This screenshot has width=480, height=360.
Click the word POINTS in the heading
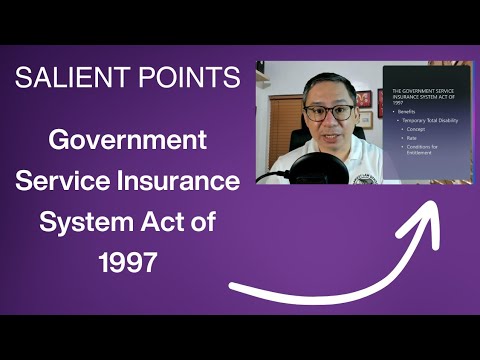tap(189, 77)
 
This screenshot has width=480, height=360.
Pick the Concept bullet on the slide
tap(417, 130)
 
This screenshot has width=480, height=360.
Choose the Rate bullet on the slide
tap(412, 139)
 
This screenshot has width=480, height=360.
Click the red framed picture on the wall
tap(365, 100)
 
